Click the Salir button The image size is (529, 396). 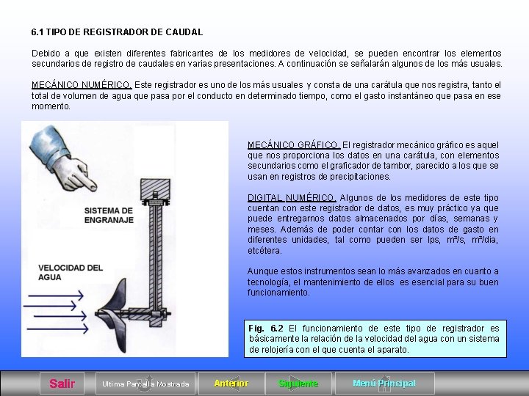click(62, 384)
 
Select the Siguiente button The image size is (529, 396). click(298, 384)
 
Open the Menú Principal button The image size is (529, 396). click(384, 384)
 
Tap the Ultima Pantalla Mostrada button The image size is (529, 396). click(145, 384)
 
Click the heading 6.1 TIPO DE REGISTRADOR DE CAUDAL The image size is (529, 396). click(117, 32)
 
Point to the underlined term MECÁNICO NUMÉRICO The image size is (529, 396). click(82, 85)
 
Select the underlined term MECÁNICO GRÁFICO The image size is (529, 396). click(294, 145)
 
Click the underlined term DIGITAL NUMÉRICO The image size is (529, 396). click(292, 198)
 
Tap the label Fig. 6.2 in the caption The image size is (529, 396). click(266, 329)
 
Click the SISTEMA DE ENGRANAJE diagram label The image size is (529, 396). click(109, 216)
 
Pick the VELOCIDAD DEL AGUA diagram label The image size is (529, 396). click(71, 273)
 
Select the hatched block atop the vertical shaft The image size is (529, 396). click(155, 189)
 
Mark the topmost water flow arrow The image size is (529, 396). click(56, 296)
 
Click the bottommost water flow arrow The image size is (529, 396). click(57, 329)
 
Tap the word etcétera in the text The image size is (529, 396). click(264, 251)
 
